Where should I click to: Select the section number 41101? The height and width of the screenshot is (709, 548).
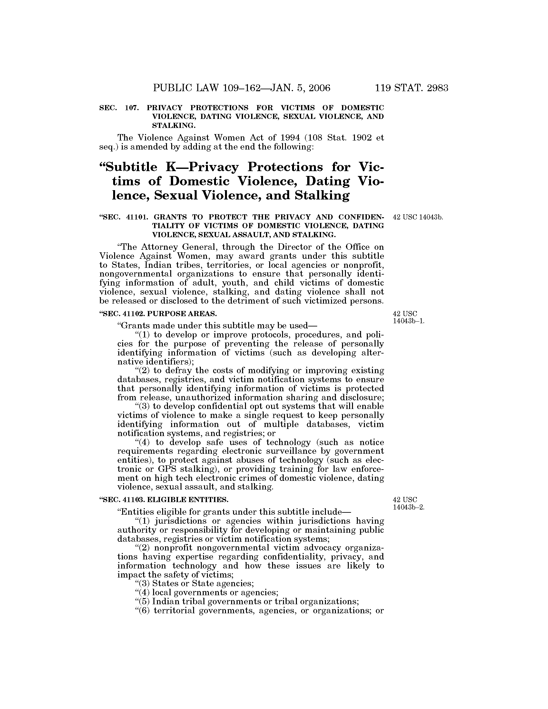pos(135,217)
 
